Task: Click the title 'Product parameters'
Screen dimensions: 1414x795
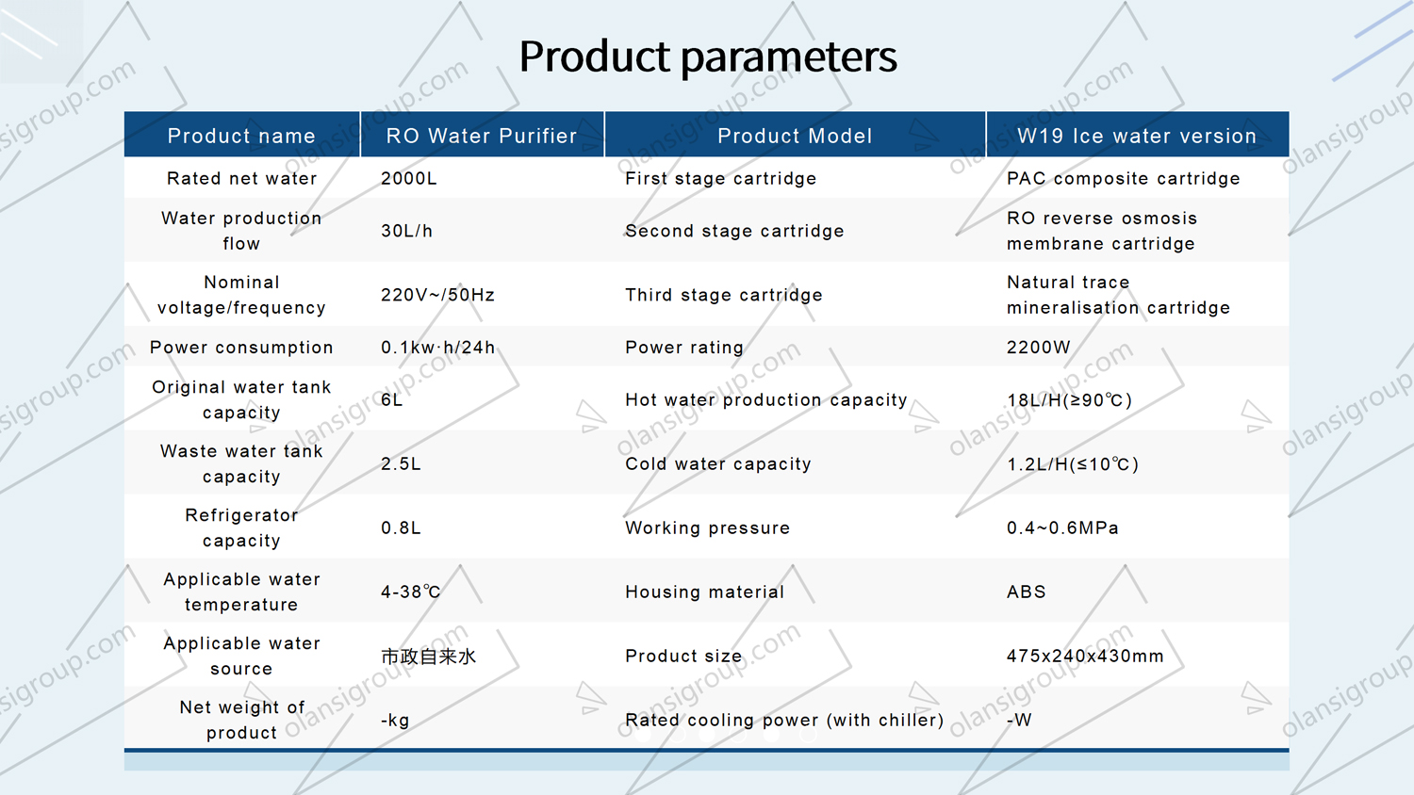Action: click(x=708, y=57)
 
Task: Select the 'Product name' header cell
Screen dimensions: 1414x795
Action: click(x=241, y=136)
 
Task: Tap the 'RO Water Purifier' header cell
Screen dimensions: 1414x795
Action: click(x=482, y=136)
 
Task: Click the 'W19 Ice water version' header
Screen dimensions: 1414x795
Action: click(x=1137, y=136)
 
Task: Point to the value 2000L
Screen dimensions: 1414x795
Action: click(x=409, y=179)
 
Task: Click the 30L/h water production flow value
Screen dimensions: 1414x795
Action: click(x=407, y=231)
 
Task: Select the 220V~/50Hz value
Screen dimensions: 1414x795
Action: click(x=437, y=295)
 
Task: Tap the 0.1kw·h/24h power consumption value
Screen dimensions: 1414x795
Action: click(x=437, y=347)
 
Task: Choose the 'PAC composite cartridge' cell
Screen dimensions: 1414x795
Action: click(x=1123, y=179)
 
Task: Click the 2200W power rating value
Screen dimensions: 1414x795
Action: click(x=1039, y=347)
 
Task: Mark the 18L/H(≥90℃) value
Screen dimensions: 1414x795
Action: click(x=1069, y=400)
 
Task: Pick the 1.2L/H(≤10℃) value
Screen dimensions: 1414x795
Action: click(x=1073, y=464)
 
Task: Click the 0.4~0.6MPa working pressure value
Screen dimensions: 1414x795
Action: click(x=1062, y=528)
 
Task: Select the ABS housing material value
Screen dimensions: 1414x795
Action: click(x=1027, y=592)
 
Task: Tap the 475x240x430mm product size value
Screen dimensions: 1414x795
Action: click(x=1085, y=657)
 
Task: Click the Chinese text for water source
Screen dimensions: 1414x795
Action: click(x=429, y=657)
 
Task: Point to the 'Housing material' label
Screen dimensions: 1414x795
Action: click(x=704, y=592)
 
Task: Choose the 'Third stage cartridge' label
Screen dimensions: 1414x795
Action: click(x=723, y=295)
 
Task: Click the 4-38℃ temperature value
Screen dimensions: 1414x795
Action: click(x=411, y=592)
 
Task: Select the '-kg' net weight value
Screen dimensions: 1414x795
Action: click(x=395, y=720)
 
